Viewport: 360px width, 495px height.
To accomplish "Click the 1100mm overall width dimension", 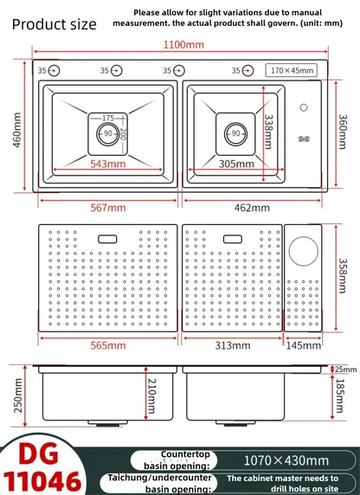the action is [x=183, y=44].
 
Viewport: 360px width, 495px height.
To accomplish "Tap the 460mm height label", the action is [x=17, y=130].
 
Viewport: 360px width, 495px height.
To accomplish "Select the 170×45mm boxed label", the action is [x=292, y=70].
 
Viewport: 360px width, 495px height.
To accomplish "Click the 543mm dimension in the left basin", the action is [x=107, y=164].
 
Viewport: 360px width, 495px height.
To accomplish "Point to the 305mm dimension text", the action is [x=236, y=164].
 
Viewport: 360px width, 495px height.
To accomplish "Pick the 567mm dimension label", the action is [x=108, y=208].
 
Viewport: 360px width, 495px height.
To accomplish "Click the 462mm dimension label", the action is [x=252, y=208].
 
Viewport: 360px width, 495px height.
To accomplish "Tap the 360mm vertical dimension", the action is [x=343, y=132].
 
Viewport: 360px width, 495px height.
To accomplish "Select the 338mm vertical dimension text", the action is [x=268, y=132].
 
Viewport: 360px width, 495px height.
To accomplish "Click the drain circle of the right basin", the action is [x=235, y=134].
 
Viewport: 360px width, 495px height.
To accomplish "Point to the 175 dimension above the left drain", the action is [x=108, y=118].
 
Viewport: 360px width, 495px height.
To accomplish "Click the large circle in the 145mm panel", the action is [x=304, y=251].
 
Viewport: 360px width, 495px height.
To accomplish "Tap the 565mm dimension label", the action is [x=108, y=345].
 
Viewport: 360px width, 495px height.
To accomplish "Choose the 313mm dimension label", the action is [x=233, y=345].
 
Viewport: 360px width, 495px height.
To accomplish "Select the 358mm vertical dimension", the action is [x=343, y=276].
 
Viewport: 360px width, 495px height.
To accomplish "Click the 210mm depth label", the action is [x=151, y=396].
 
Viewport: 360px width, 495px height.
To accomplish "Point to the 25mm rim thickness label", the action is [x=345, y=369].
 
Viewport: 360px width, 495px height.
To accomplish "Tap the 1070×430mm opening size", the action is [x=286, y=460].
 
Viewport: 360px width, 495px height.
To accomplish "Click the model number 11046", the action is [x=42, y=481].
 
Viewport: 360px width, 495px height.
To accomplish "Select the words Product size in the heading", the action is [x=54, y=24].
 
